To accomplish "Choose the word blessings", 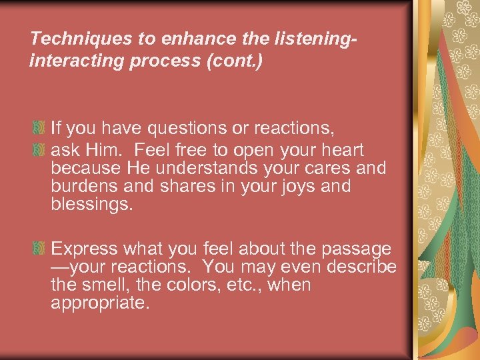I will pos(92,204).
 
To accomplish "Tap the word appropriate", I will pos(100,303).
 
